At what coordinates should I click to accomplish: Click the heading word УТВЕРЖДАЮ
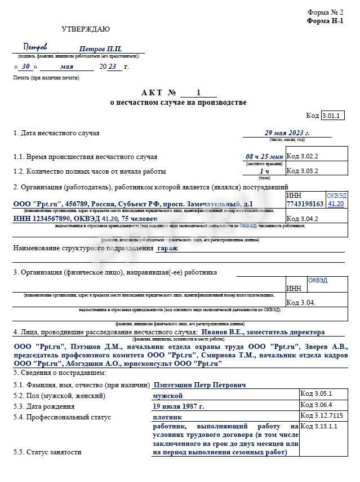86,29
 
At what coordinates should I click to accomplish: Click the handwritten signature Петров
35,47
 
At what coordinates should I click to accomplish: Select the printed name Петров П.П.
100,50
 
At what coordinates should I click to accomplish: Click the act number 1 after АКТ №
198,93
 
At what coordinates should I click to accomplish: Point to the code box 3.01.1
332,116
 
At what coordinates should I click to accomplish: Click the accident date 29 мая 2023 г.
287,133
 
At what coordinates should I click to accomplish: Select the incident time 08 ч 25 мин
264,156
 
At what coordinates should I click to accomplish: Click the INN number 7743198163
305,204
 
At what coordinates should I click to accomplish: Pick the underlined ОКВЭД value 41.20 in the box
336,204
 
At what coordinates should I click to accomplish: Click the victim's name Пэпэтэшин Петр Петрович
200,384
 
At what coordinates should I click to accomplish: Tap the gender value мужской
168,396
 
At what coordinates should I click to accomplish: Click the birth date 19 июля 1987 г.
179,406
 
